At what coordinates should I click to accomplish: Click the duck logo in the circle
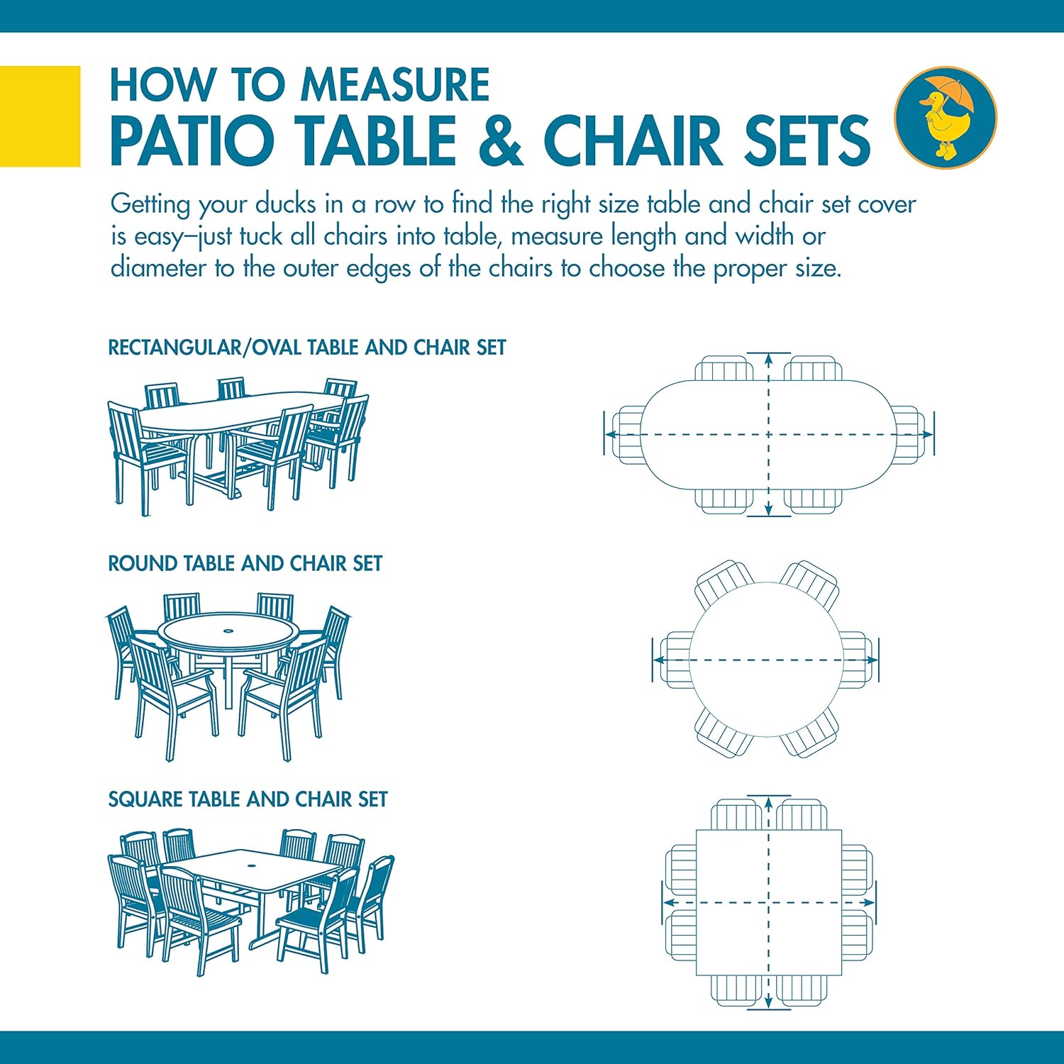click(945, 117)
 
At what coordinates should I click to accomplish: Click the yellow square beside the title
click(40, 116)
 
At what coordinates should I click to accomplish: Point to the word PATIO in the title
click(192, 140)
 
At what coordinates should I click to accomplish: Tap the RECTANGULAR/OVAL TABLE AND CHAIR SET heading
click(306, 348)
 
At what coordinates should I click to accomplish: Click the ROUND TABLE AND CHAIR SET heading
click(245, 564)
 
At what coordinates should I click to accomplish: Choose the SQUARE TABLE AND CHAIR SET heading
click(248, 799)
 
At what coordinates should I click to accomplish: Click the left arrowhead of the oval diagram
click(610, 435)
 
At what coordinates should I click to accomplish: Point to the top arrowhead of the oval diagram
click(769, 359)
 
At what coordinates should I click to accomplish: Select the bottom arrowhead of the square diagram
click(769, 1002)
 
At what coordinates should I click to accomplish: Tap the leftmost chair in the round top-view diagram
click(675, 660)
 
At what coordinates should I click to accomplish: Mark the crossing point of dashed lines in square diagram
click(769, 903)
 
